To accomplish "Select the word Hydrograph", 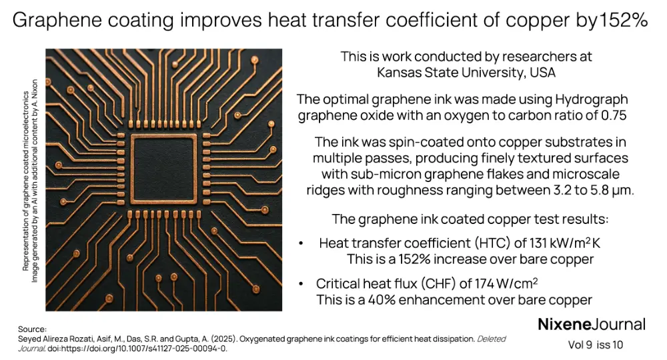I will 590,99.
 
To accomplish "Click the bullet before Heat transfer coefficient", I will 302,244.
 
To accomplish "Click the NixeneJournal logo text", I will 591,325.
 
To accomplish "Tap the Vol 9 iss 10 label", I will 591,345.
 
